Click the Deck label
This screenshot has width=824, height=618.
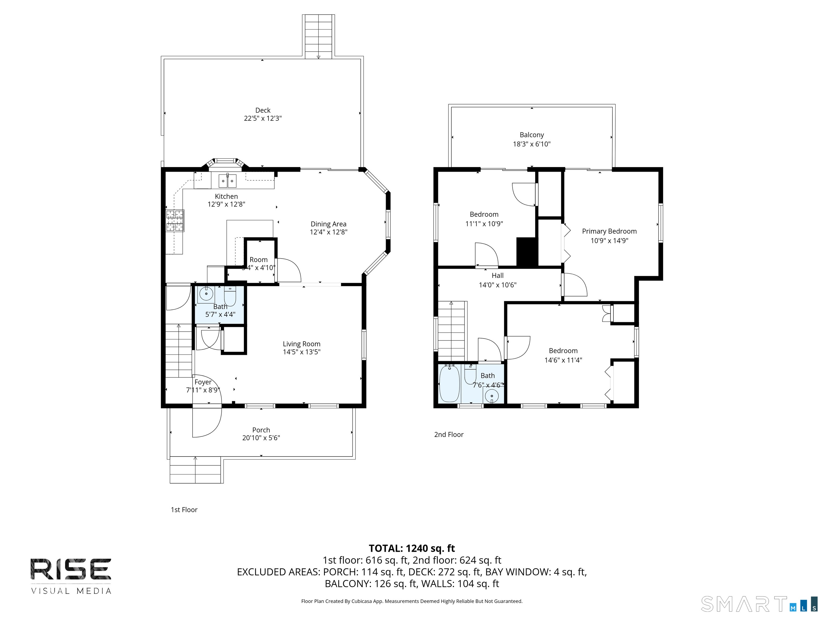(263, 110)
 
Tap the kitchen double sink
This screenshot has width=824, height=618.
(227, 181)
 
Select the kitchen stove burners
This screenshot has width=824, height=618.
(175, 220)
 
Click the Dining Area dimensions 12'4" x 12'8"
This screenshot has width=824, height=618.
(328, 232)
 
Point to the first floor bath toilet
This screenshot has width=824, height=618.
(230, 296)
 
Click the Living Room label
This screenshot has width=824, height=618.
(301, 344)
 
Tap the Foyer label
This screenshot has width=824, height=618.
(203, 382)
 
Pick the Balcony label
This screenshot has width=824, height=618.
(532, 135)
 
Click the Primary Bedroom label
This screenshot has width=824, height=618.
(609, 231)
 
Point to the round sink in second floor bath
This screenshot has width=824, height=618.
(492, 396)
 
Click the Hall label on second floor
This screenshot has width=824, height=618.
(497, 276)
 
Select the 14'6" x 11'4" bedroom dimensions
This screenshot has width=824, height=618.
(563, 360)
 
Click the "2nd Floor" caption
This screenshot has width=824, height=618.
(448, 435)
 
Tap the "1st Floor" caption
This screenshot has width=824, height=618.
(184, 510)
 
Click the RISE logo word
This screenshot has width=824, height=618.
(71, 569)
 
